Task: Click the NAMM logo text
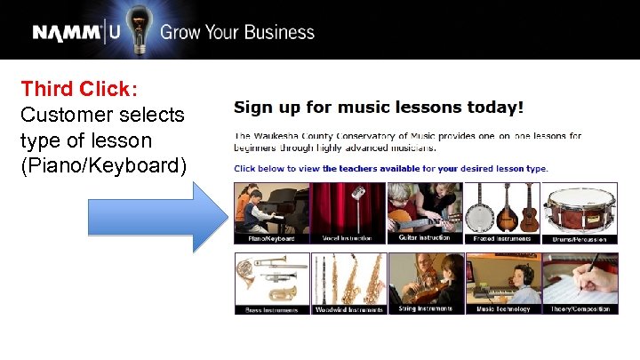68,33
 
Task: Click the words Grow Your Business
236,33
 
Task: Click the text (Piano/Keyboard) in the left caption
103,165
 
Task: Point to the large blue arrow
156,216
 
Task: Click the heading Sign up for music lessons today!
379,108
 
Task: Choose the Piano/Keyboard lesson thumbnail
271,212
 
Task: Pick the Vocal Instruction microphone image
348,212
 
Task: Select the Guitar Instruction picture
425,212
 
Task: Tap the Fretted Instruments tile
501,212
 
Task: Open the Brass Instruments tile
271,283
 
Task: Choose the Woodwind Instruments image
348,283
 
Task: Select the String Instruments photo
425,283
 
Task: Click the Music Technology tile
501,283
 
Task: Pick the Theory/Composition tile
579,283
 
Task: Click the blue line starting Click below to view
390,168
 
